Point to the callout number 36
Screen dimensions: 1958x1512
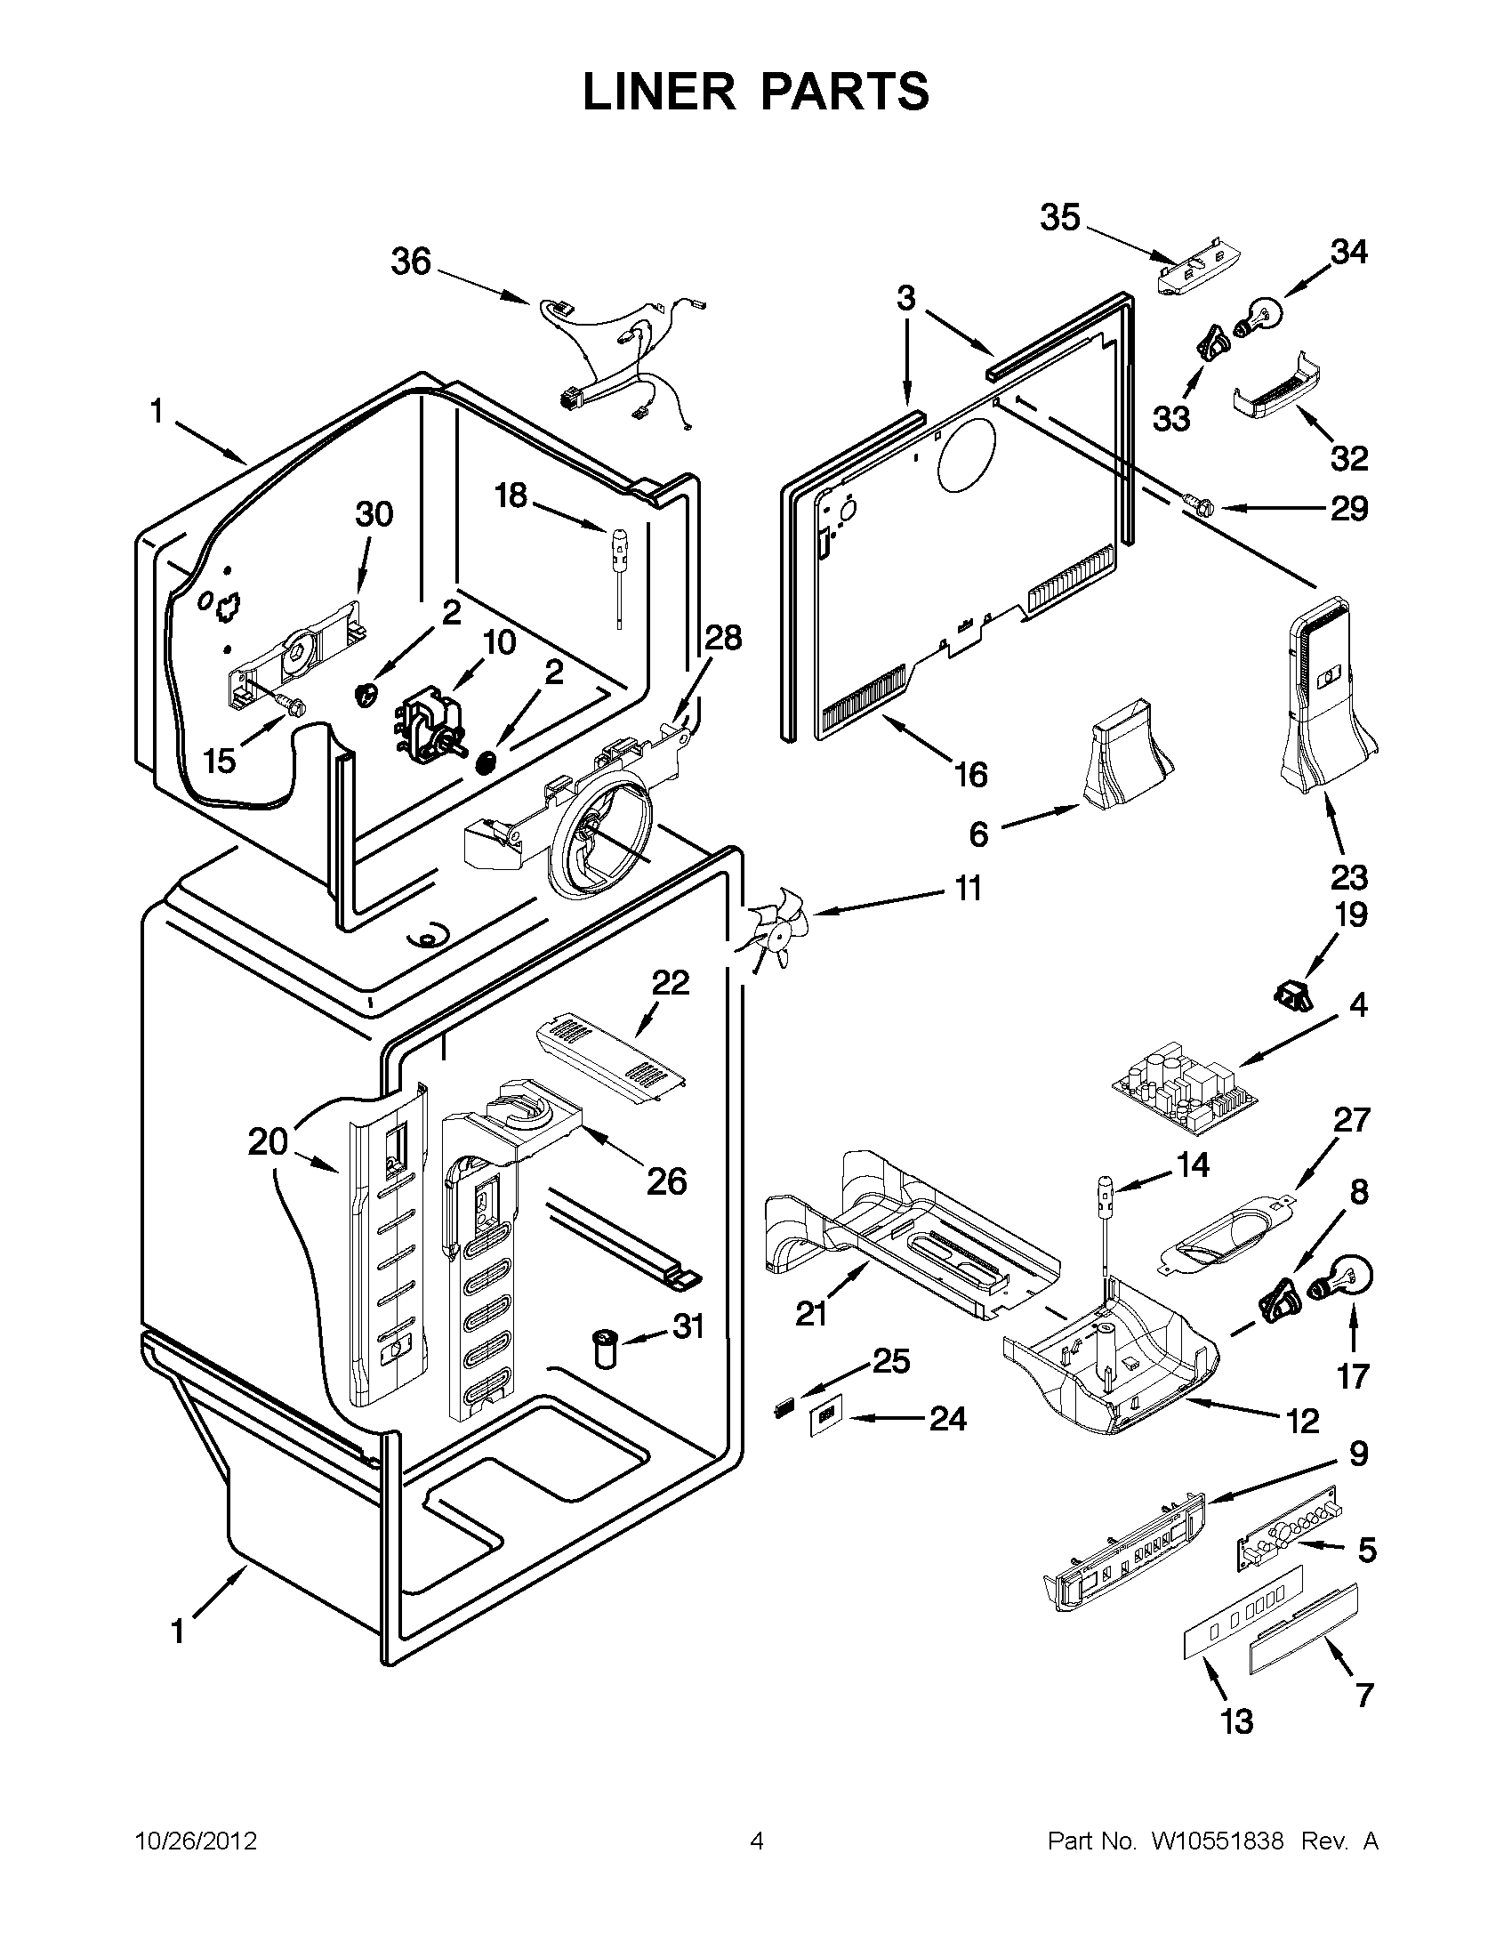point(412,262)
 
